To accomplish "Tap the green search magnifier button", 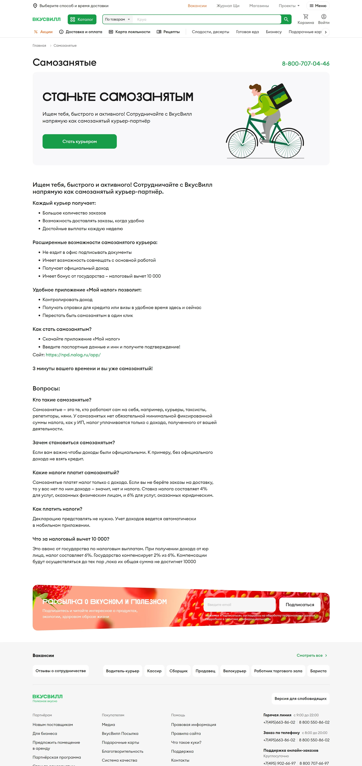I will point(286,19).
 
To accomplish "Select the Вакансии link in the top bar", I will point(197,6).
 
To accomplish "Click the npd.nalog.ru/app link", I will point(73,355).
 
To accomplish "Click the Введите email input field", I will point(239,604).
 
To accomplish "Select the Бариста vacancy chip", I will point(318,671).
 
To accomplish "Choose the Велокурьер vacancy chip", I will point(235,671).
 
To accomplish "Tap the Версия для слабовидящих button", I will point(300,698).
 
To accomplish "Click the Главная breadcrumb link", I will point(39,45).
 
